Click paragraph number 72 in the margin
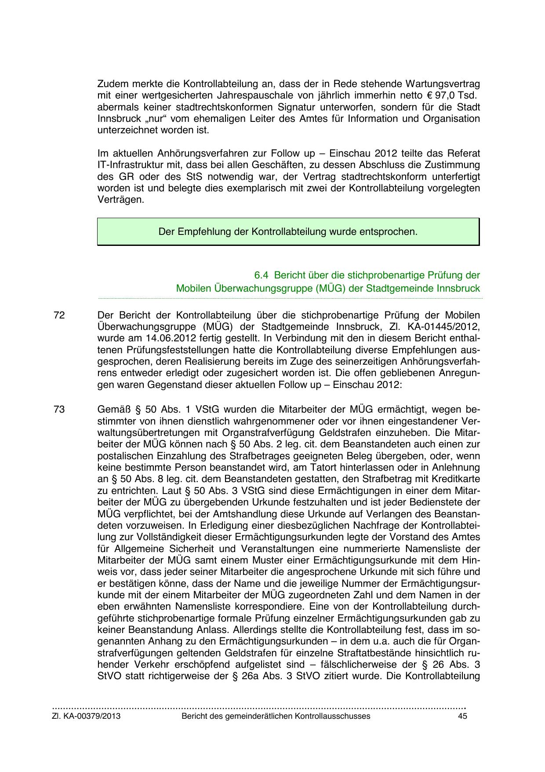point(59,315)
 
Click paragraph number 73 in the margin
point(59,409)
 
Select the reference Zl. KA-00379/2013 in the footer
point(86,716)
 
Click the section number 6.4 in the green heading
point(261,275)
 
